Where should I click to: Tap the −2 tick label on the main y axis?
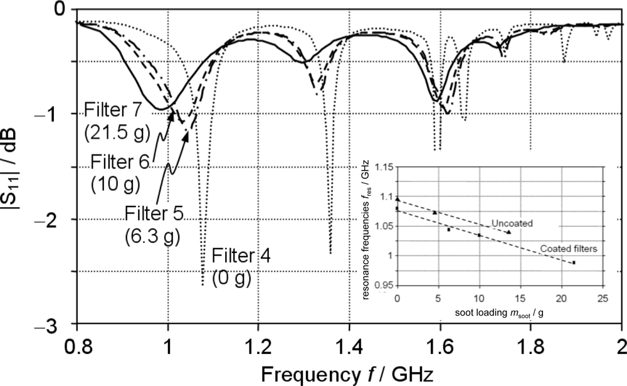[x=58, y=219]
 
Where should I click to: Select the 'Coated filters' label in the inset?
[x=567, y=249]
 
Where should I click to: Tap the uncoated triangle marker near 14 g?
[x=508, y=232]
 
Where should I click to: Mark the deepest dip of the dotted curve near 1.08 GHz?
[x=202, y=284]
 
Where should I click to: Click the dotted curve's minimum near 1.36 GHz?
[x=330, y=252]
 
